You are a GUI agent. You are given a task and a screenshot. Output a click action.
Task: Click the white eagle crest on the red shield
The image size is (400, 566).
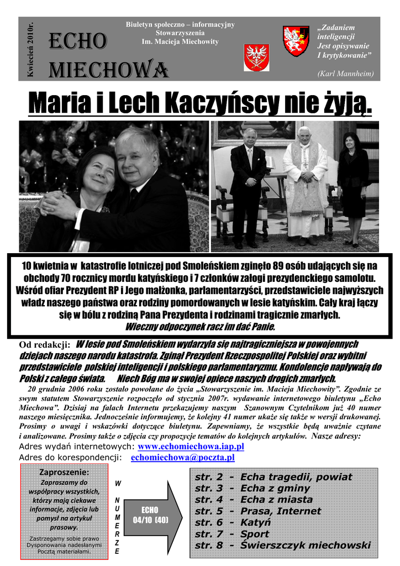(x=256, y=57)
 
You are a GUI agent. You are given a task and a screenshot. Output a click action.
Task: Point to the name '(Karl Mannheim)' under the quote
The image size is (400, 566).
(x=346, y=74)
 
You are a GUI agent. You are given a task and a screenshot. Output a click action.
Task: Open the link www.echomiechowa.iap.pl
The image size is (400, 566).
(x=191, y=446)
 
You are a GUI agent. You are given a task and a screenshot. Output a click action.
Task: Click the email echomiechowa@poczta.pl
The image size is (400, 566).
(x=183, y=458)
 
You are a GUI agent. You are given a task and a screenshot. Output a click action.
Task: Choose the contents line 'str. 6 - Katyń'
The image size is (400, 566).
(x=233, y=522)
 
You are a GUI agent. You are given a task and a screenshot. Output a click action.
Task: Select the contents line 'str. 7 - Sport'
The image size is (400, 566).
(x=232, y=534)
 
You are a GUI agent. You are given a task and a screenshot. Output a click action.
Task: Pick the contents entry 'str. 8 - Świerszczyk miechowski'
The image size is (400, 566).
(x=283, y=546)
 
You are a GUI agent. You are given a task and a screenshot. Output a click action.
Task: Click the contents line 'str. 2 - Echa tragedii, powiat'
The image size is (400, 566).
(x=273, y=477)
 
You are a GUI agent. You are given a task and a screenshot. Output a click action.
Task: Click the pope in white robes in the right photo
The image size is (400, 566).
(x=304, y=182)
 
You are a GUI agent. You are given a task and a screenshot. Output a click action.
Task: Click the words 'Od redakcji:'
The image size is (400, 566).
(x=44, y=345)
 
